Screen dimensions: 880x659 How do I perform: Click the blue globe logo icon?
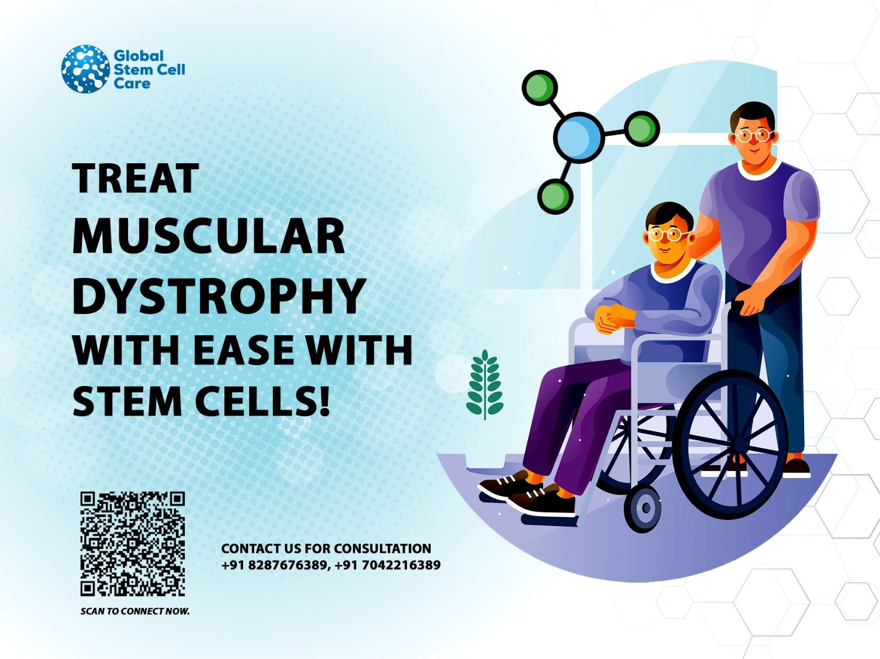click(x=85, y=69)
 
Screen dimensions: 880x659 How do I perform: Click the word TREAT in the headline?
click(x=135, y=179)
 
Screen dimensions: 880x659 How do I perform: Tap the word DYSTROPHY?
click(x=219, y=295)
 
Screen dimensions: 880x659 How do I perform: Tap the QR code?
click(x=133, y=544)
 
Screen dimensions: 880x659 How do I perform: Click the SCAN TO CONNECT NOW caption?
click(x=135, y=611)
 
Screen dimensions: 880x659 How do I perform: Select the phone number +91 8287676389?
click(x=274, y=565)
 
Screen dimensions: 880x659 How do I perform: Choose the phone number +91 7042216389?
click(x=387, y=565)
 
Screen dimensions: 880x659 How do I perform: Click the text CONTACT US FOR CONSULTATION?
click(x=326, y=549)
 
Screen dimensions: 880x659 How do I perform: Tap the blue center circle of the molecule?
click(x=579, y=137)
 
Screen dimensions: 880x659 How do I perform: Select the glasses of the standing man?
click(x=752, y=135)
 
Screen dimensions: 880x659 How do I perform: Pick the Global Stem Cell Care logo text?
click(x=149, y=69)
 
